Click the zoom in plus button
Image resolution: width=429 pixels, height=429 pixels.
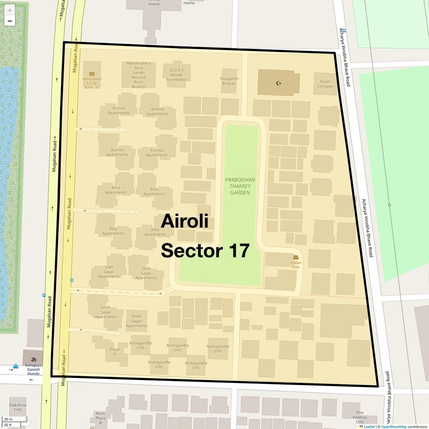click(x=10, y=10)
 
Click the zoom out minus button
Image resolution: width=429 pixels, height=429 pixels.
click(x=10, y=21)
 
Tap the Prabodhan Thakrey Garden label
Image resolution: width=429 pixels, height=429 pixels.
click(x=240, y=186)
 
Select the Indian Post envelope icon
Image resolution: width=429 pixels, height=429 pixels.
click(x=296, y=257)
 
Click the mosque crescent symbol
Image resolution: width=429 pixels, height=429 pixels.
click(x=279, y=83)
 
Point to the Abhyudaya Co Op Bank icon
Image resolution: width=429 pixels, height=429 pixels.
click(x=92, y=74)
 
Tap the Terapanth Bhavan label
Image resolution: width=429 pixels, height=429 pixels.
click(x=229, y=81)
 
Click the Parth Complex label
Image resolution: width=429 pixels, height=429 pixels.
click(x=325, y=84)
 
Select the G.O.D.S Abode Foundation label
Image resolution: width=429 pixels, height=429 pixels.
click(x=176, y=75)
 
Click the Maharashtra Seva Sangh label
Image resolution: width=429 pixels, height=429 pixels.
click(x=138, y=75)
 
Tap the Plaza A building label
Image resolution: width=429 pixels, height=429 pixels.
click(x=114, y=351)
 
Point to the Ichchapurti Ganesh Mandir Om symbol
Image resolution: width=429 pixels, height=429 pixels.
click(x=33, y=359)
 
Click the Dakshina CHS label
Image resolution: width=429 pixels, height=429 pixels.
click(x=18, y=408)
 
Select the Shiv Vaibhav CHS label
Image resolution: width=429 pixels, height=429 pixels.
click(x=360, y=417)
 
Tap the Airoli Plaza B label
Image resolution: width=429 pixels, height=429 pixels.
click(x=100, y=418)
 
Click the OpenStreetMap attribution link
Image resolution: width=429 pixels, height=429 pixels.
click(x=394, y=427)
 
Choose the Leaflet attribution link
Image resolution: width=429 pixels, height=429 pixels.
click(x=369, y=427)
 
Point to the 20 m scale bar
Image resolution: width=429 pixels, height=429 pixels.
click(x=14, y=419)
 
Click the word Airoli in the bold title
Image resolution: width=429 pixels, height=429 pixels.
click(x=184, y=221)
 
